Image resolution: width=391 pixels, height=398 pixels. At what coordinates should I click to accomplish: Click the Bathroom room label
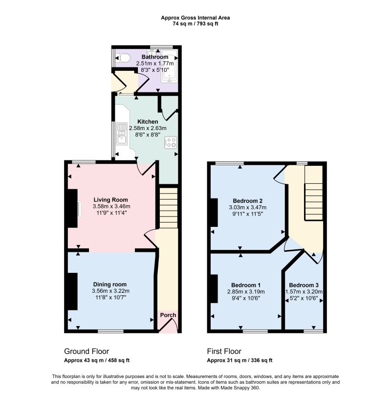155,57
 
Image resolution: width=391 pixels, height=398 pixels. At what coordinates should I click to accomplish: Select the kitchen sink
122,134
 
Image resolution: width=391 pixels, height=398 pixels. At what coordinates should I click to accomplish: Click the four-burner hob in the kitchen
171,142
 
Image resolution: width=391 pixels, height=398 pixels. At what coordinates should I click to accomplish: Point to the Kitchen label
148,122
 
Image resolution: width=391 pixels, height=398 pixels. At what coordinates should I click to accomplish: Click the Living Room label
110,200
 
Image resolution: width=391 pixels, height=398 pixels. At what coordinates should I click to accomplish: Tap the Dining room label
110,285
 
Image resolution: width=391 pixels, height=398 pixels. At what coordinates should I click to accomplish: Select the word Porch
168,315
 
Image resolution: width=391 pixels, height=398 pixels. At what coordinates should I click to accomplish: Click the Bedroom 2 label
248,201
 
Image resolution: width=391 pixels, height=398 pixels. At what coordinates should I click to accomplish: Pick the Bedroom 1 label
246,285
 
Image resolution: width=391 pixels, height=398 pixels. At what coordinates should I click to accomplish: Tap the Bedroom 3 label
304,285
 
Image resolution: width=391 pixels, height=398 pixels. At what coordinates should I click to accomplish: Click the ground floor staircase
169,208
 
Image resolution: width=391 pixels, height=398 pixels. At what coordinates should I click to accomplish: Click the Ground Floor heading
87,351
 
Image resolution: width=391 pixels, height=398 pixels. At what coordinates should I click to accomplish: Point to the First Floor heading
224,351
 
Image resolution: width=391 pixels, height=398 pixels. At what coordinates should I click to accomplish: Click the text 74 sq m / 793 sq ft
195,24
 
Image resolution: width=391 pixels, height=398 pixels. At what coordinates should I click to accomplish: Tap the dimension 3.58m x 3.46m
111,206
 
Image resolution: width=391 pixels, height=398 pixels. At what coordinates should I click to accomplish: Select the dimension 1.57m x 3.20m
304,291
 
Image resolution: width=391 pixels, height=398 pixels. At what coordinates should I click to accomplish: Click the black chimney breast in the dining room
72,291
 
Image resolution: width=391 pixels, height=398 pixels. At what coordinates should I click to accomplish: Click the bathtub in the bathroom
169,66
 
